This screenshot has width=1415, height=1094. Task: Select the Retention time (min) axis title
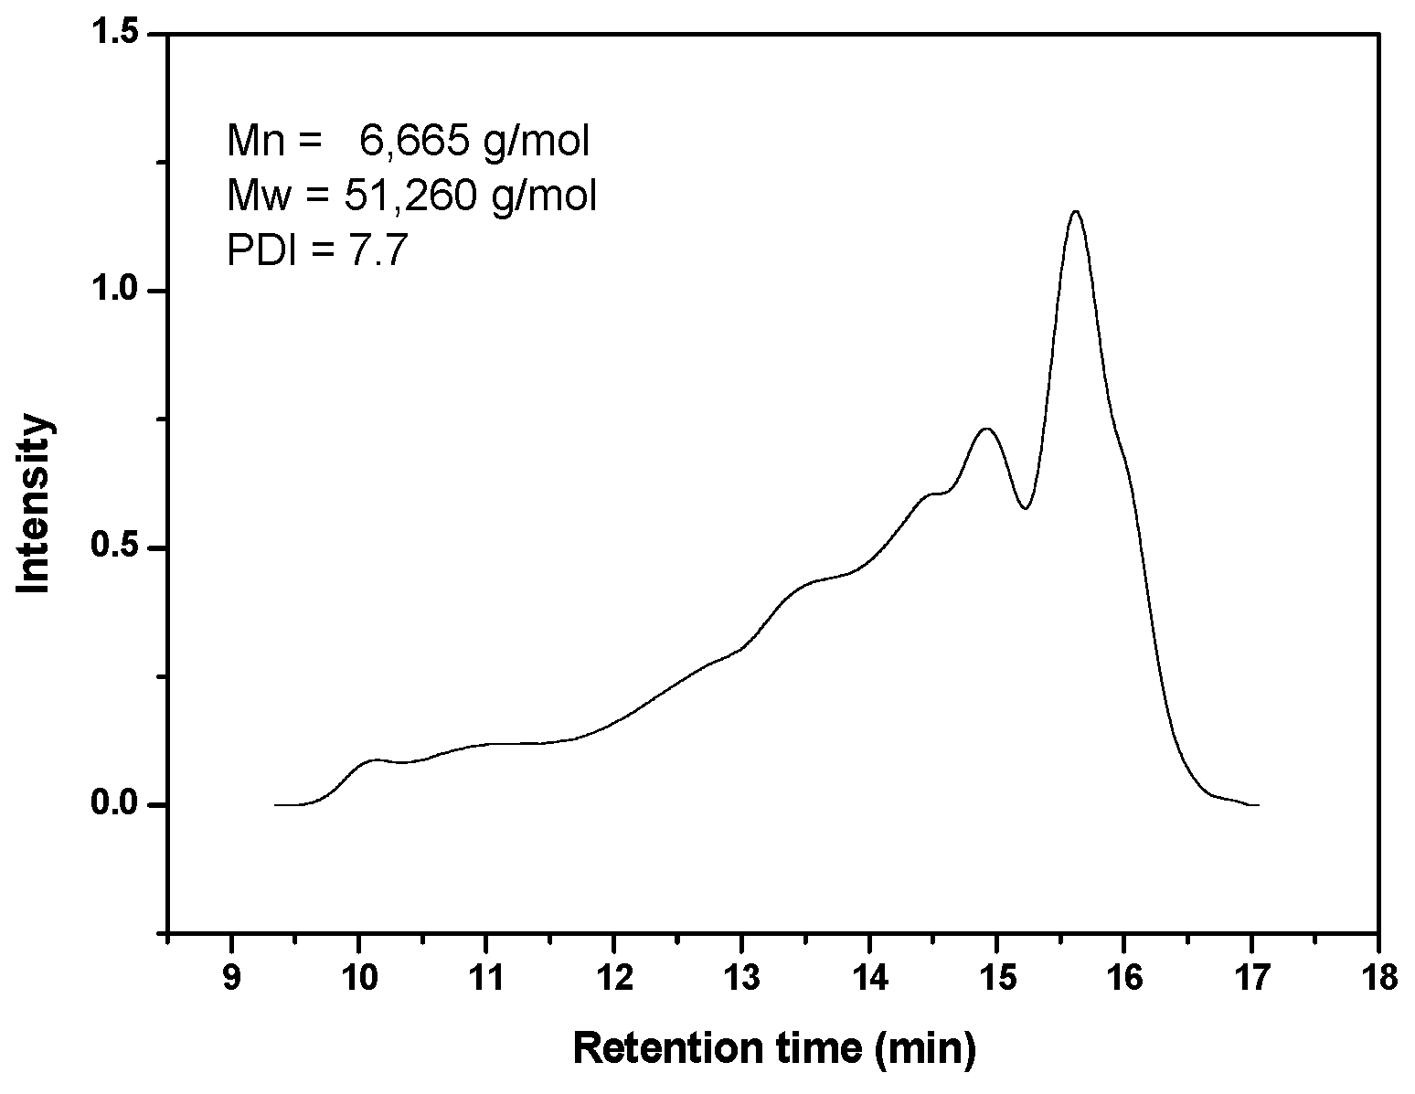(774, 1048)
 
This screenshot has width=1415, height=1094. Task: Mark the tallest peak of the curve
(1075, 212)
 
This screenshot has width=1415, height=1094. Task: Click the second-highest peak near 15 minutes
(986, 428)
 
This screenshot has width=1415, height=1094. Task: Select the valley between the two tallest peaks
(1026, 508)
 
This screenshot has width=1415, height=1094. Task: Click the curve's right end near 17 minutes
(1258, 805)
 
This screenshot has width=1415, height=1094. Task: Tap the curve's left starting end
(276, 805)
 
